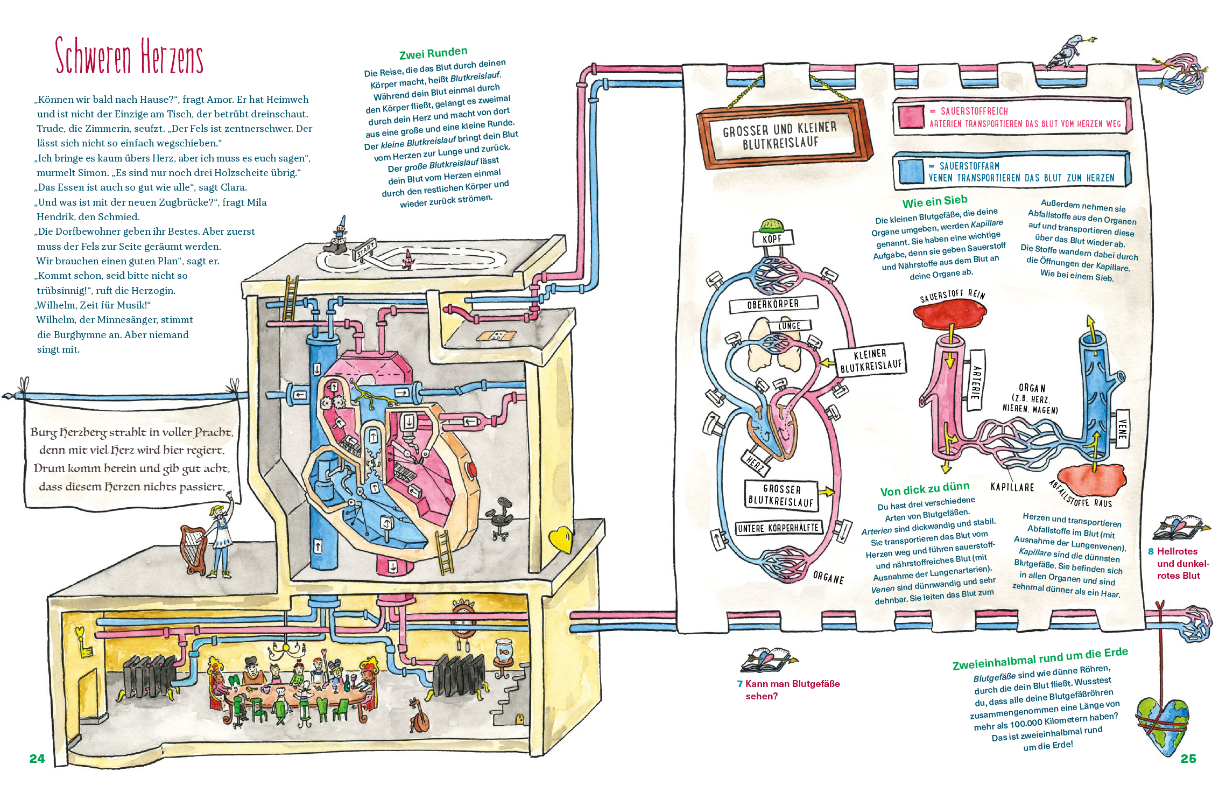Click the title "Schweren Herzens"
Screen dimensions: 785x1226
coord(129,56)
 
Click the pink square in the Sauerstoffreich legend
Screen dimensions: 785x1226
coord(911,117)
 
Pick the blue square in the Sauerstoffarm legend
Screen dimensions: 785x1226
coord(911,171)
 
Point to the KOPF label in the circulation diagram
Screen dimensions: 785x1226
coord(772,239)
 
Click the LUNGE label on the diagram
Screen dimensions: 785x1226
coord(789,326)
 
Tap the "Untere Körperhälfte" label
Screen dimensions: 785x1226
coord(778,528)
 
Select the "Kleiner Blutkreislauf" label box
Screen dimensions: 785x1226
coord(870,360)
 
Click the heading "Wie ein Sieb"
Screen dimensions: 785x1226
coord(935,202)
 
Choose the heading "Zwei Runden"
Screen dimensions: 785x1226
coord(433,53)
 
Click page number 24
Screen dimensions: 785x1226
coord(37,759)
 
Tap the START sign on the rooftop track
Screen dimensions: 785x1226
coord(365,249)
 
